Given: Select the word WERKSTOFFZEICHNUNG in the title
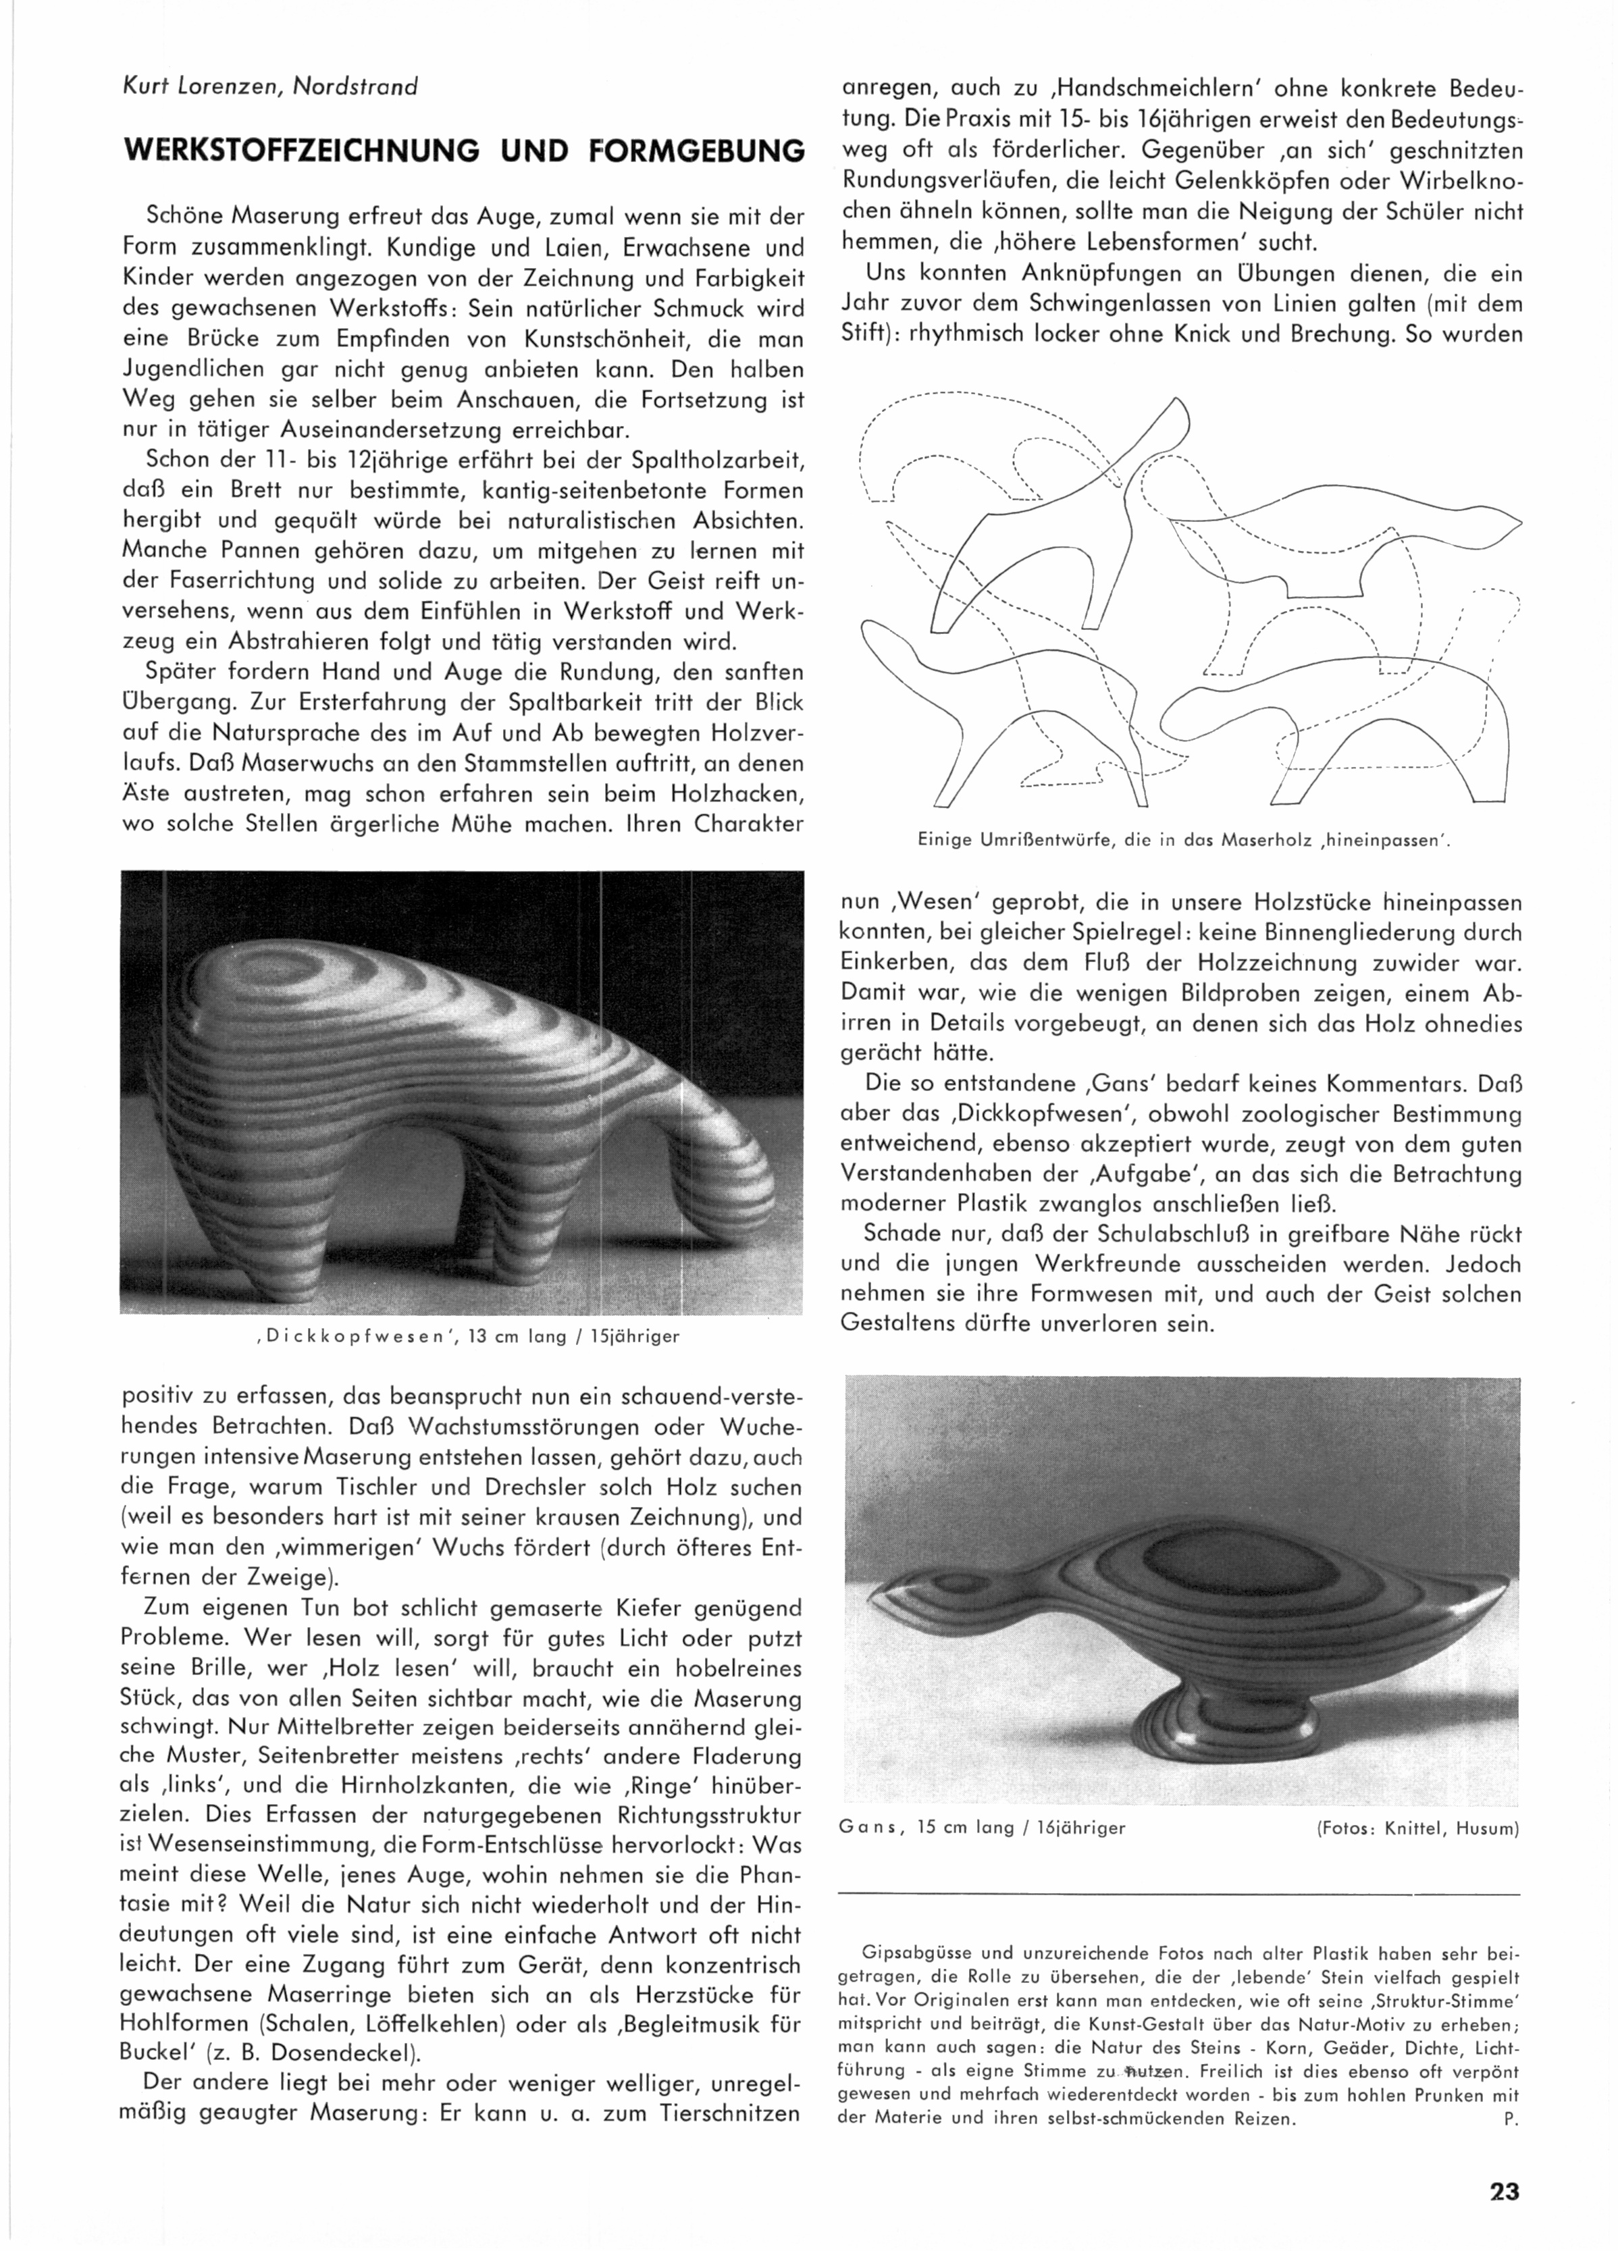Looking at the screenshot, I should tap(300, 151).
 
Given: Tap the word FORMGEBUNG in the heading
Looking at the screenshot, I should tap(695, 151).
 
